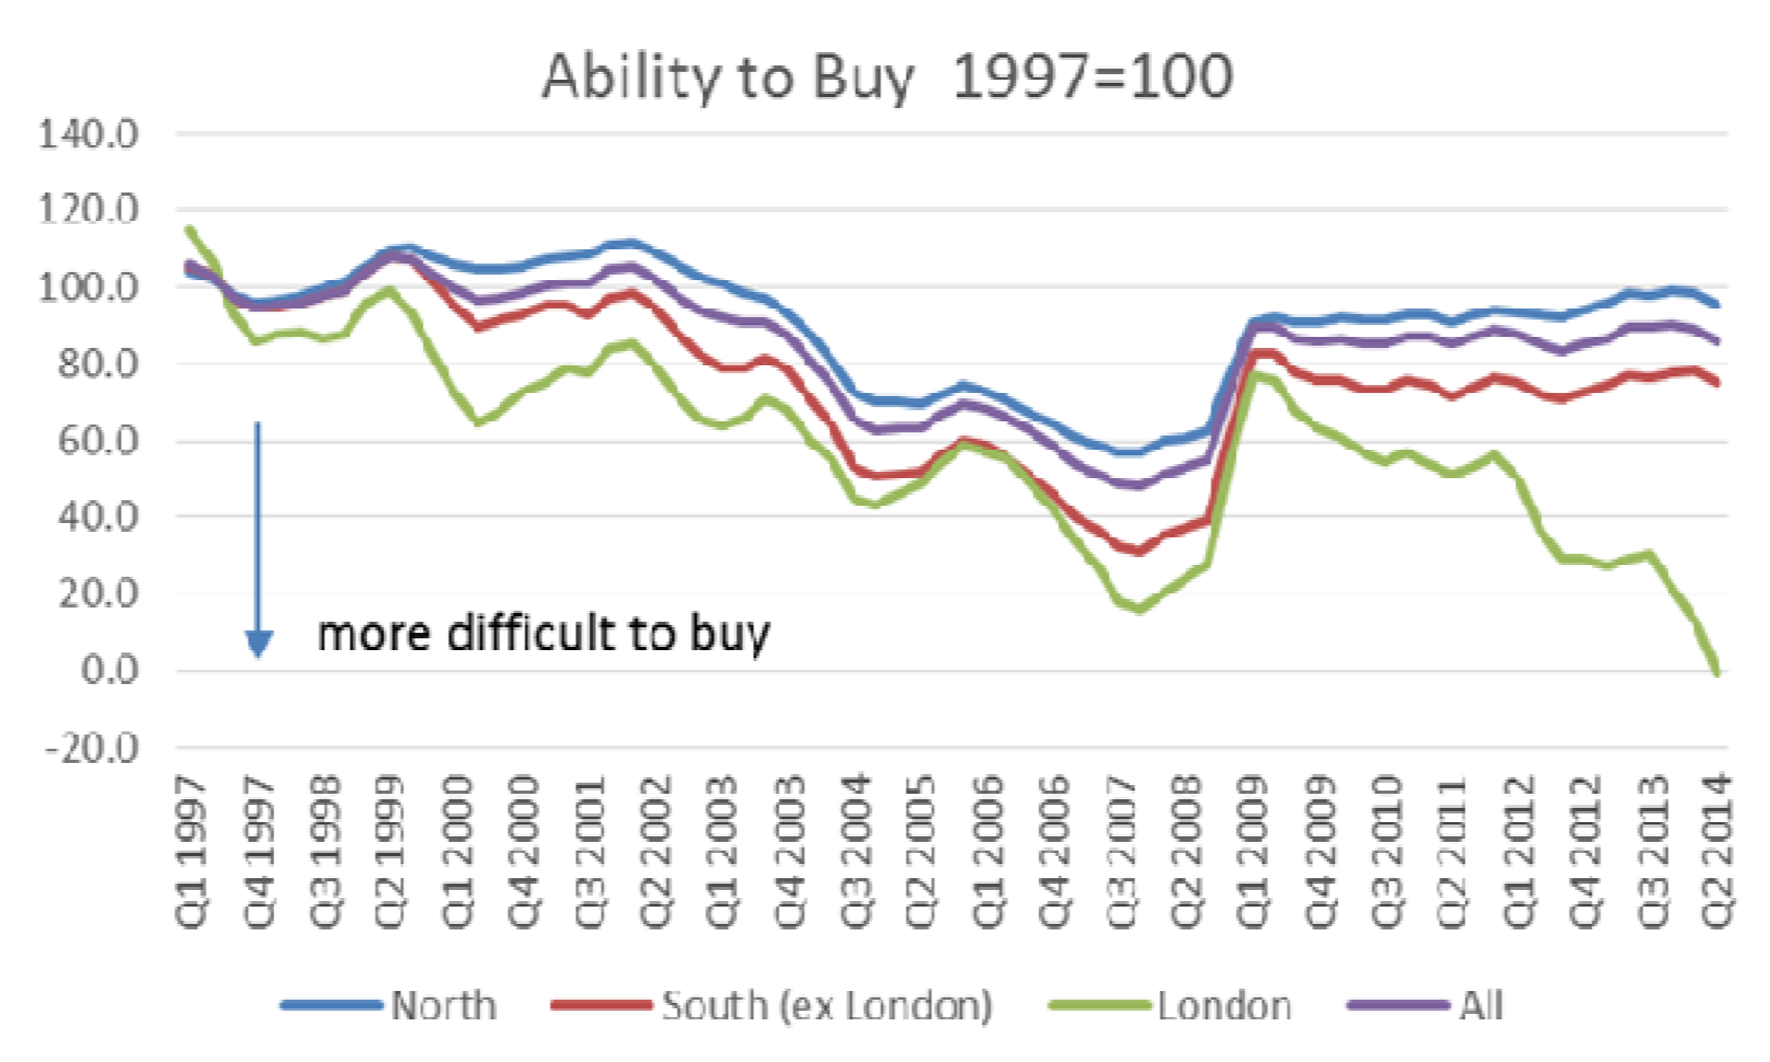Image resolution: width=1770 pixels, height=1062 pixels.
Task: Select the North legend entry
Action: (444, 1006)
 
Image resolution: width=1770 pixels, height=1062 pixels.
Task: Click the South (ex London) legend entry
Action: (827, 1006)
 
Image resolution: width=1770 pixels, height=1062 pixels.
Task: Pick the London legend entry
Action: (1224, 1006)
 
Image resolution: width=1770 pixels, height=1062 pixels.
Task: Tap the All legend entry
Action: (1480, 1006)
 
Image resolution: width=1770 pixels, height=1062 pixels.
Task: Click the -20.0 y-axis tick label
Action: (92, 748)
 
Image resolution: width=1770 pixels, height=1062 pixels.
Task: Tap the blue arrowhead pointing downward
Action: (258, 643)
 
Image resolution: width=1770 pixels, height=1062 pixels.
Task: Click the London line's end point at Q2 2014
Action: (1716, 671)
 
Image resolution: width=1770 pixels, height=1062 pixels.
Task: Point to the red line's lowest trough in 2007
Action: (1137, 552)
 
